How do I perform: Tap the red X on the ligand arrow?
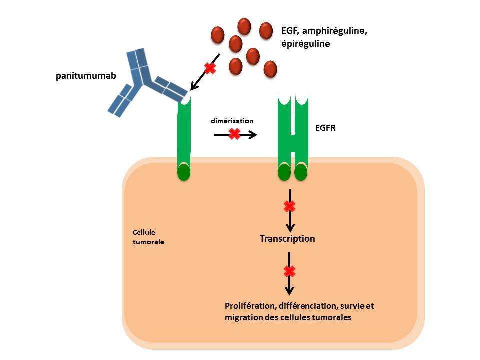tap(210, 68)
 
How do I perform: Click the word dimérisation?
tap(232, 121)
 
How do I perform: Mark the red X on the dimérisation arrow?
tap(234, 134)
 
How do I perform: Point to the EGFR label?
tap(326, 128)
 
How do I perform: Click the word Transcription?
tap(287, 239)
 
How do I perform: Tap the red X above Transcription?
tap(289, 206)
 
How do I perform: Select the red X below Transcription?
tap(289, 272)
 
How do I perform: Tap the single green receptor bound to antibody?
tap(184, 135)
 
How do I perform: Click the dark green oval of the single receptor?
tap(184, 172)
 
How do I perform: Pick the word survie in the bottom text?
tap(355, 306)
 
